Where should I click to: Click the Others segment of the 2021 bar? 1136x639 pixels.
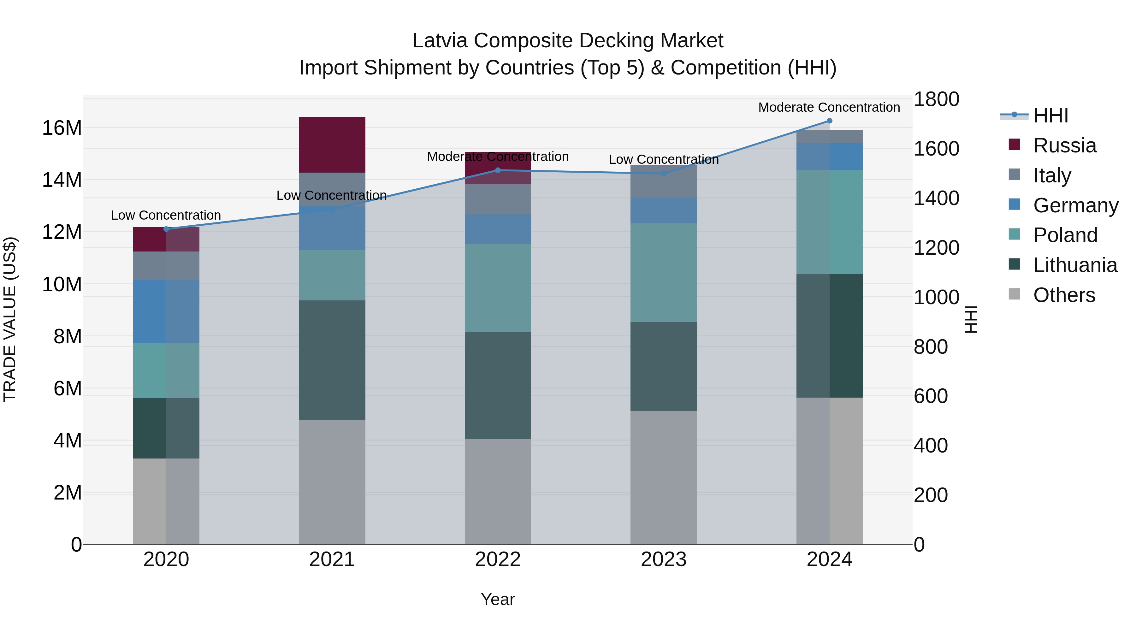coord(332,482)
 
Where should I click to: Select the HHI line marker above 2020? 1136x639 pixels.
coord(166,229)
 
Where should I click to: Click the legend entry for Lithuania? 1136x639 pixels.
coord(1075,265)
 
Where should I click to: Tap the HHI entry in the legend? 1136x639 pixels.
coord(1050,115)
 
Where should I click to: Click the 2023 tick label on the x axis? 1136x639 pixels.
coord(663,559)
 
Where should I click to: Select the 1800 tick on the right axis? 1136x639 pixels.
coord(936,99)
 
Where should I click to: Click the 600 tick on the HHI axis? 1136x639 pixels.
coord(931,396)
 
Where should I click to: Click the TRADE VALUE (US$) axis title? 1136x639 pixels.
coord(10,319)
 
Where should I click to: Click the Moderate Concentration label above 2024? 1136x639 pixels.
coord(829,107)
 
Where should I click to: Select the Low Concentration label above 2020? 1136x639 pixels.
coord(166,215)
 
